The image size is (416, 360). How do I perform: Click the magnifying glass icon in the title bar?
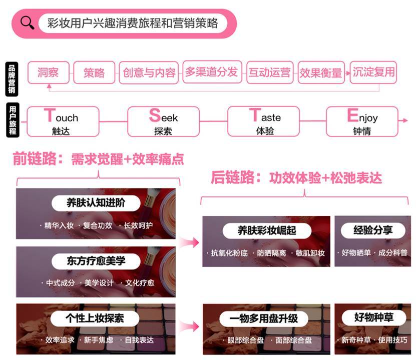pyautogui.click(x=28, y=23)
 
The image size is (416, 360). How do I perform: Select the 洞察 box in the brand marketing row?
pyautogui.click(x=48, y=72)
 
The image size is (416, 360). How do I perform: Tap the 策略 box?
pyautogui.click(x=94, y=72)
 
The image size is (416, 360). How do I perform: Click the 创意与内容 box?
pyautogui.click(x=149, y=72)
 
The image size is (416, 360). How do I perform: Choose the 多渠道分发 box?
pyautogui.click(x=212, y=72)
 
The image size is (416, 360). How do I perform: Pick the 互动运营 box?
pyautogui.click(x=270, y=72)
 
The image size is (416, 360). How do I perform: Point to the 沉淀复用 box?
pyautogui.click(x=373, y=72)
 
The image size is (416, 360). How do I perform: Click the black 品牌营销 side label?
pyautogui.click(x=12, y=79)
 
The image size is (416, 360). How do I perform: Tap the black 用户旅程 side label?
pyautogui.click(x=13, y=120)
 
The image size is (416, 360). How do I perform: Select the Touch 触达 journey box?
pyautogui.click(x=63, y=121)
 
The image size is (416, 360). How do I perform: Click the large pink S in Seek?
pyautogui.click(x=155, y=115)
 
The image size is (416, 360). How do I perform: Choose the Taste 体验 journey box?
pyautogui.click(x=263, y=121)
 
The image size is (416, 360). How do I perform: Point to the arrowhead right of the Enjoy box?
pyautogui.click(x=405, y=120)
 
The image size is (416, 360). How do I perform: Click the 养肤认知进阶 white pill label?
pyautogui.click(x=96, y=203)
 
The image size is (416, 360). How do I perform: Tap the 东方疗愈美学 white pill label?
pyautogui.click(x=96, y=261)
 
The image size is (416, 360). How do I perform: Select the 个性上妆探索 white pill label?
pyautogui.click(x=95, y=318)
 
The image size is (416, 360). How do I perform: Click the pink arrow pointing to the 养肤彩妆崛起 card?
pyautogui.click(x=190, y=242)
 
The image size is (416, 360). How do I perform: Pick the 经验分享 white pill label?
pyautogui.click(x=373, y=230)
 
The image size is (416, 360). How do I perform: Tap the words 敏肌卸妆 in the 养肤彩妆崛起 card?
pyautogui.click(x=310, y=253)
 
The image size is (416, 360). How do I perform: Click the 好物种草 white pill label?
pyautogui.click(x=374, y=317)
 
